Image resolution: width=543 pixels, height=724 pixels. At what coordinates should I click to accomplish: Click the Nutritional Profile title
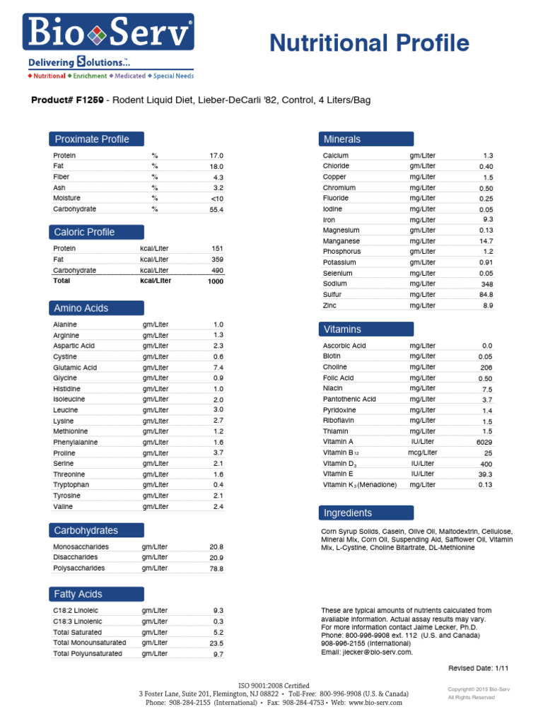tap(369, 44)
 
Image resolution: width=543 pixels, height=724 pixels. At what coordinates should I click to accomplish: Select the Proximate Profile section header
tap(95, 139)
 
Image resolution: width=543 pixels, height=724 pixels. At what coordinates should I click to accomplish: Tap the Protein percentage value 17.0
tap(216, 156)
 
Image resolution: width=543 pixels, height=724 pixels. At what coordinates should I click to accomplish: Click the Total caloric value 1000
tap(215, 281)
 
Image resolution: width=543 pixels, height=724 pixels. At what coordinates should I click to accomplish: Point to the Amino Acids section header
tap(95, 308)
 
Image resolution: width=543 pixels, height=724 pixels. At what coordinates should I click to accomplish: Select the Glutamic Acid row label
tap(75, 368)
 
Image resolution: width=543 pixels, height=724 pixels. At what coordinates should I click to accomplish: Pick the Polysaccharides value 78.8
tap(216, 568)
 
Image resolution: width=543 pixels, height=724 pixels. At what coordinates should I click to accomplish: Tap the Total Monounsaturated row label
tap(90, 643)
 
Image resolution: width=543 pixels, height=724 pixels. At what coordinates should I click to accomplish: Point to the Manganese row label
tap(341, 241)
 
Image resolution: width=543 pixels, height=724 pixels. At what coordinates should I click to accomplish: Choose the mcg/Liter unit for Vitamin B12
tap(423, 452)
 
